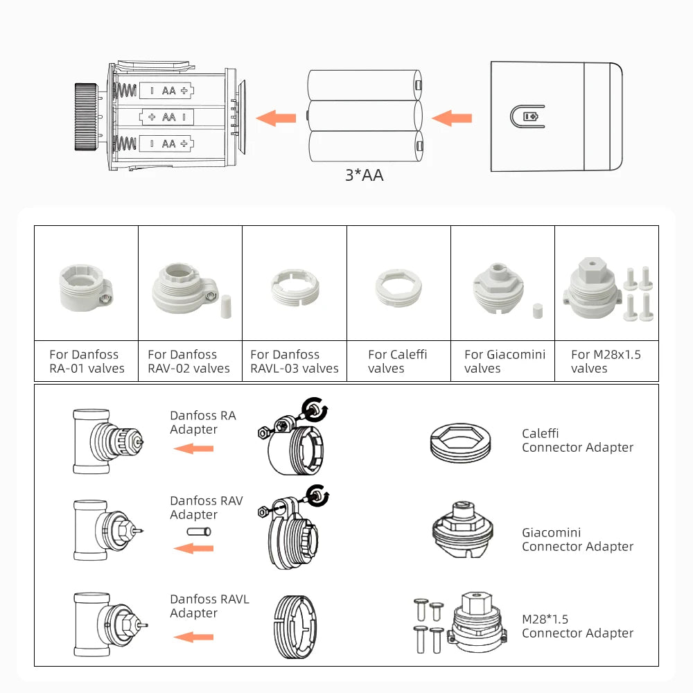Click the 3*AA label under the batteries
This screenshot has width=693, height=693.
[364, 175]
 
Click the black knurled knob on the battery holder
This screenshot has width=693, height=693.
[85, 116]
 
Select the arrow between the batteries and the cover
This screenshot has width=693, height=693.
[452, 118]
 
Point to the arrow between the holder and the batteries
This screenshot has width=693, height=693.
[276, 118]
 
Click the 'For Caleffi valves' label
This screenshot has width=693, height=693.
[398, 361]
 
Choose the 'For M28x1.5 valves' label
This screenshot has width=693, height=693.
[606, 361]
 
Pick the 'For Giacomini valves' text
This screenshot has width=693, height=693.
[505, 361]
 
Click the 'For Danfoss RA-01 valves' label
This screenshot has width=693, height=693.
[87, 361]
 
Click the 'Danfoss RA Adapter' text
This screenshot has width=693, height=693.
[203, 422]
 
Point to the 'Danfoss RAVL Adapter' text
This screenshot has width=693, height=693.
[209, 606]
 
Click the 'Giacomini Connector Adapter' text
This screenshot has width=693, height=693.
[577, 539]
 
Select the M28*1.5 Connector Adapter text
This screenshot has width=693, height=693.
[577, 626]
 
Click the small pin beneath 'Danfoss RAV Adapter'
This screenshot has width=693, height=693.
[198, 532]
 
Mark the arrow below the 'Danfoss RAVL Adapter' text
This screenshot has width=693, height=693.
[193, 636]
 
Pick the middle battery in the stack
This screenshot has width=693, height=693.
[364, 116]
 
